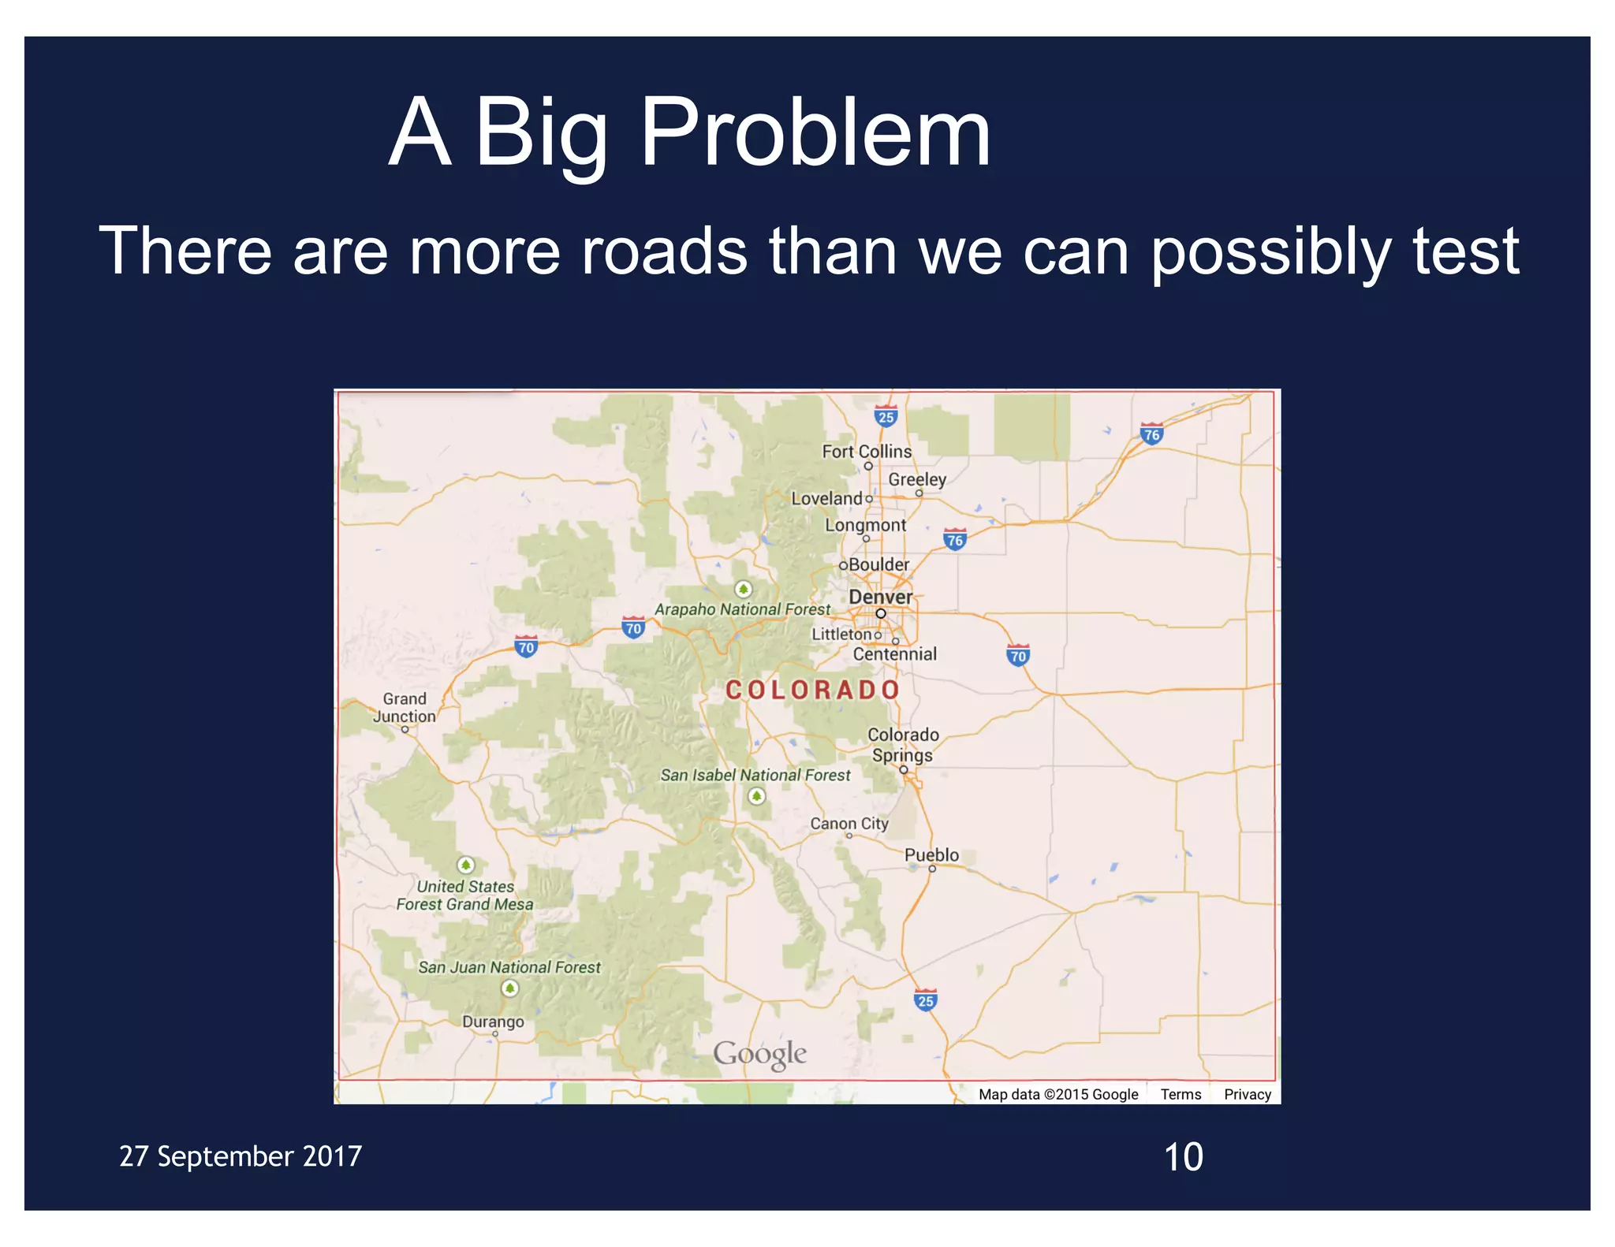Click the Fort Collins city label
tap(866, 452)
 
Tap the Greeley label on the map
tap(916, 479)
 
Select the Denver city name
tap(880, 597)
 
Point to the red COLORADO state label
tap(812, 690)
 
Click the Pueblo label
tap(931, 855)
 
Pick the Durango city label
tap(493, 1022)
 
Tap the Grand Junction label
tap(405, 708)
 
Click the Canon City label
tap(849, 824)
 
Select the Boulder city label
tap(878, 564)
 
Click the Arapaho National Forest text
tap(742, 609)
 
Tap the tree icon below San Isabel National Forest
tap(756, 796)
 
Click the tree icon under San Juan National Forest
tap(510, 988)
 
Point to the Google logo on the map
tap(759, 1054)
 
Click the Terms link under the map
tap(1180, 1094)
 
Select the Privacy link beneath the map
tap(1247, 1094)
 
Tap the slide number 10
tap(1183, 1157)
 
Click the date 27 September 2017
tap(241, 1156)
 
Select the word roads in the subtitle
tap(664, 251)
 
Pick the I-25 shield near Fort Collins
tap(886, 417)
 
